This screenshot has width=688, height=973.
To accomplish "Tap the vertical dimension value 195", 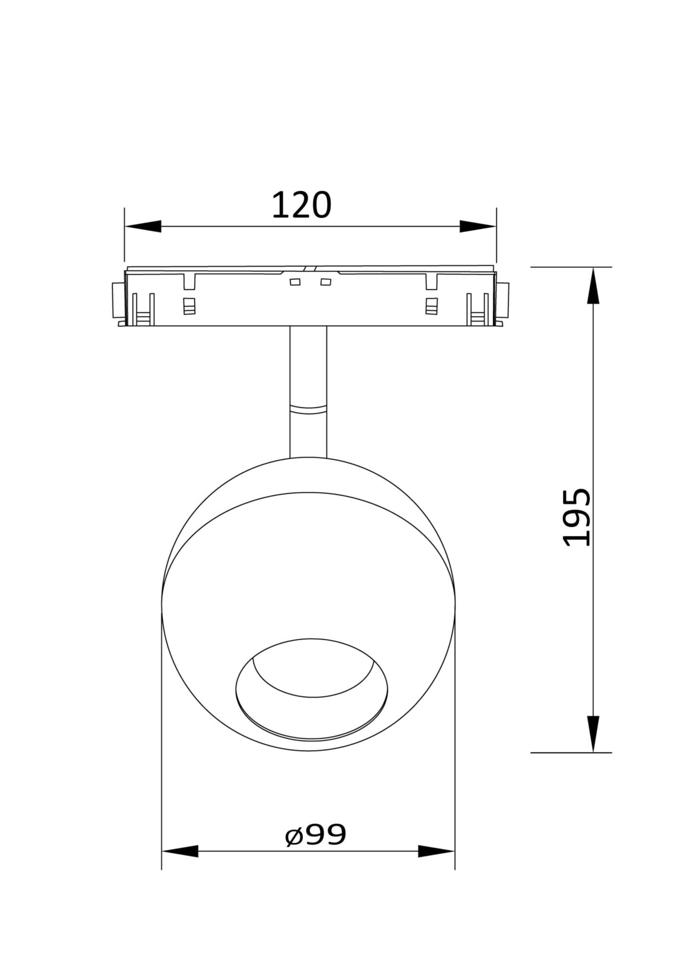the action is pyautogui.click(x=577, y=517).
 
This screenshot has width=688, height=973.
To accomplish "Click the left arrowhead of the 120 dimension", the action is pyautogui.click(x=143, y=226).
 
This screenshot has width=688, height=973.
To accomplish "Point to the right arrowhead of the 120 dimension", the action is pyautogui.click(x=478, y=226).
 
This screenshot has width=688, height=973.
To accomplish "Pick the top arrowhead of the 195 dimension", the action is pyautogui.click(x=593, y=286).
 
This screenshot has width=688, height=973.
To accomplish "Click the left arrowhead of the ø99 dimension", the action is pyautogui.click(x=180, y=865).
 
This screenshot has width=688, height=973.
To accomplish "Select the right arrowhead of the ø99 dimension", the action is pyautogui.click(x=436, y=865).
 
